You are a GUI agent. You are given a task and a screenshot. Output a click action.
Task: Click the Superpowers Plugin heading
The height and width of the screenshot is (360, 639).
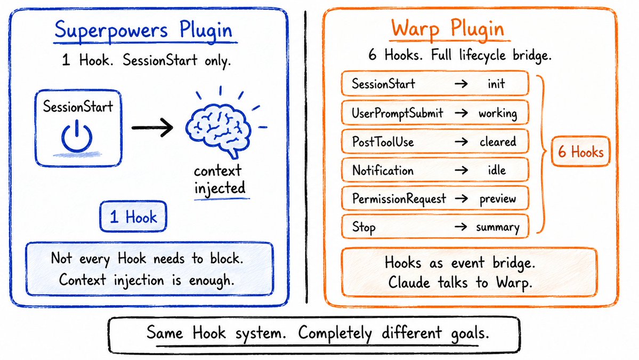coord(143,30)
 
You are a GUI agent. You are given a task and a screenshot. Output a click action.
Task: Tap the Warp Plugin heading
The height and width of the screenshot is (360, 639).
coord(448,29)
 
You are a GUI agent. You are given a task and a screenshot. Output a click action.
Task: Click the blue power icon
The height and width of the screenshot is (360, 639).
coord(77,137)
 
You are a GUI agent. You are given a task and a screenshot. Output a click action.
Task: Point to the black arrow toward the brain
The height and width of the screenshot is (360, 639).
coord(152,127)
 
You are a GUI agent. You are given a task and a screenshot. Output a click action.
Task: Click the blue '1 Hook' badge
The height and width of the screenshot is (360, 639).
coord(133,217)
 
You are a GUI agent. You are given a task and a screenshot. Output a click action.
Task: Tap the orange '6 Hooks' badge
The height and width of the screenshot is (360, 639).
coord(580,151)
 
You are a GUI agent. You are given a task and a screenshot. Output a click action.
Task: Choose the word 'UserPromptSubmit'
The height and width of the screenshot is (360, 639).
coord(398,113)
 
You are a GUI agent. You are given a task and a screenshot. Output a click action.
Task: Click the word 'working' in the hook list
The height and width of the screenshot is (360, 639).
coord(498,114)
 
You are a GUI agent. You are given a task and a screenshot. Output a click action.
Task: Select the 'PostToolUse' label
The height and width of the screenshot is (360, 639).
coord(383,141)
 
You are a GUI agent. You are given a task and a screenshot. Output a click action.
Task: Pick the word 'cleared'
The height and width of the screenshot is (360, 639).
coord(498,141)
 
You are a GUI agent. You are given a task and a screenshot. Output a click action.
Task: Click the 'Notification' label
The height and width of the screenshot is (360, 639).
coord(383,170)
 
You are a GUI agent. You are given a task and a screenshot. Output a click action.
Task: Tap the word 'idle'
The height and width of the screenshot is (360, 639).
coord(497,170)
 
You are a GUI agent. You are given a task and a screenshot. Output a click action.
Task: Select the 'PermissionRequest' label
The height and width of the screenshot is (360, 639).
coord(399,198)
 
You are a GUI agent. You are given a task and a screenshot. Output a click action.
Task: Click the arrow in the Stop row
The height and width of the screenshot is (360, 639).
coord(460,227)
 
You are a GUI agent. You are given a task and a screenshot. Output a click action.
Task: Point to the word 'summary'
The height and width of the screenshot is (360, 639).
coord(498,227)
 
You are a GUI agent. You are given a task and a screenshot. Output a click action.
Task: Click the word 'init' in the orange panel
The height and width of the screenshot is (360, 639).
coord(496,84)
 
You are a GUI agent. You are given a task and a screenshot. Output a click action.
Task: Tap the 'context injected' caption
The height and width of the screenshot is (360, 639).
coord(220,179)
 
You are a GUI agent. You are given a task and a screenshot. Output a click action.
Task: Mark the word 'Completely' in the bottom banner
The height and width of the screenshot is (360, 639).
coord(335,333)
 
